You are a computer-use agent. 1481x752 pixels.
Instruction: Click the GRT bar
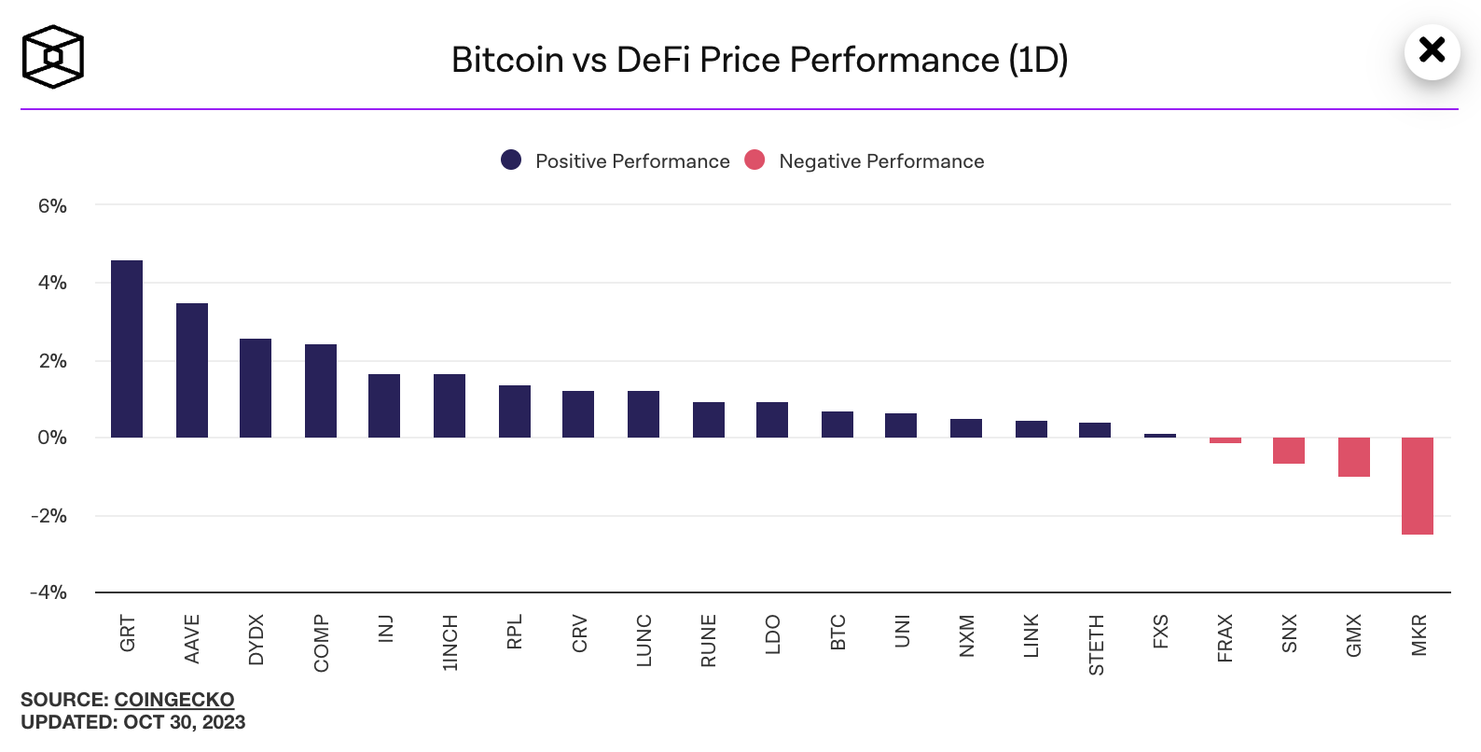[x=127, y=349]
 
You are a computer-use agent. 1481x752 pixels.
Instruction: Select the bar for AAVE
[x=192, y=370]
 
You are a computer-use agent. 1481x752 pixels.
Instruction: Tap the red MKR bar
[x=1418, y=486]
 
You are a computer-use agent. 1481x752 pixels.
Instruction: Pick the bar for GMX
[x=1354, y=457]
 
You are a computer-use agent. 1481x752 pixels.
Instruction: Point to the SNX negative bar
[x=1289, y=451]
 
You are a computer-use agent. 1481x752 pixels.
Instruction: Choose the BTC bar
[x=837, y=425]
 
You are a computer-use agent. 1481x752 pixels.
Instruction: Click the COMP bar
[x=321, y=391]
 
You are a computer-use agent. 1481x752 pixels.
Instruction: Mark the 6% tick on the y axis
[x=52, y=206]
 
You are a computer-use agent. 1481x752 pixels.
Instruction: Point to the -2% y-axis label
[x=49, y=516]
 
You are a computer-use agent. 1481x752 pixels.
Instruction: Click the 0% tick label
[x=52, y=438]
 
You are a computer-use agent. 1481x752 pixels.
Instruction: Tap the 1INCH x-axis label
[x=450, y=643]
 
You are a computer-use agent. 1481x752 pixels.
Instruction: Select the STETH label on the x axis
[x=1097, y=645]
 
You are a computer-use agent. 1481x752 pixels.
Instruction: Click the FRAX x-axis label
[x=1225, y=638]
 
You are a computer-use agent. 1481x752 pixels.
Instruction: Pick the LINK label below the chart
[x=1031, y=635]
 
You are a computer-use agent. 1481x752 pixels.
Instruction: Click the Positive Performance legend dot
[x=511, y=160]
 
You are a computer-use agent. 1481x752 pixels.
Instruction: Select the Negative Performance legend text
[x=881, y=161]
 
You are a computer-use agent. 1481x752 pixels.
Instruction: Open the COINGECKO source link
[x=174, y=700]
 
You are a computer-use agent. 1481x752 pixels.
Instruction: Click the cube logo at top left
[x=53, y=57]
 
